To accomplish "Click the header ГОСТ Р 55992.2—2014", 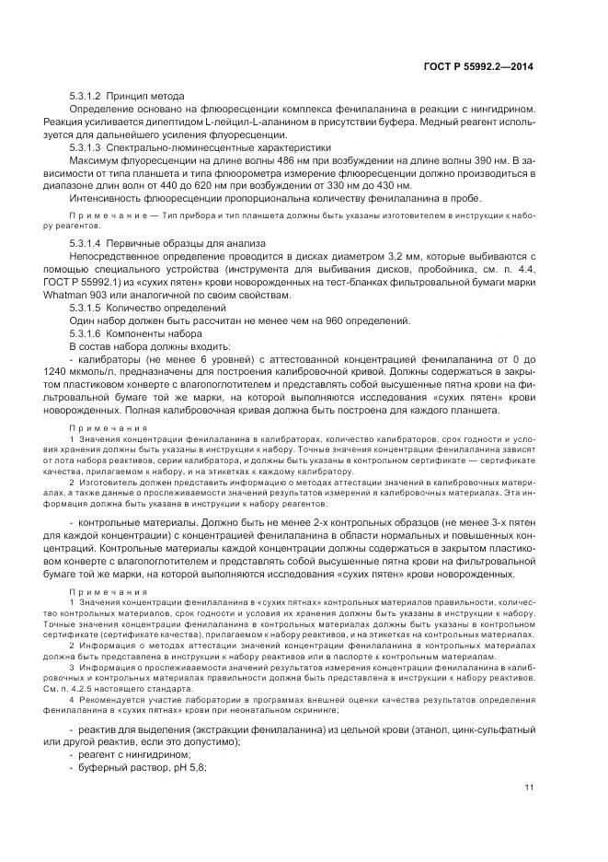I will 483,66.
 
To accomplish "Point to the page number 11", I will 529,786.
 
